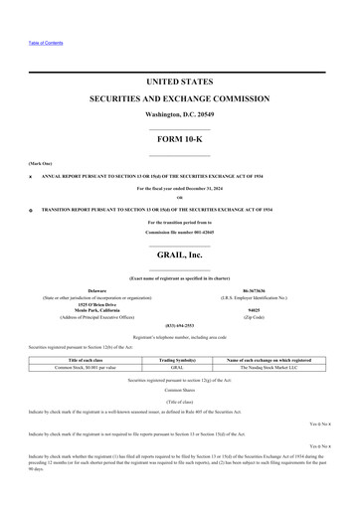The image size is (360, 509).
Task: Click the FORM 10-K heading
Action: [180, 139]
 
